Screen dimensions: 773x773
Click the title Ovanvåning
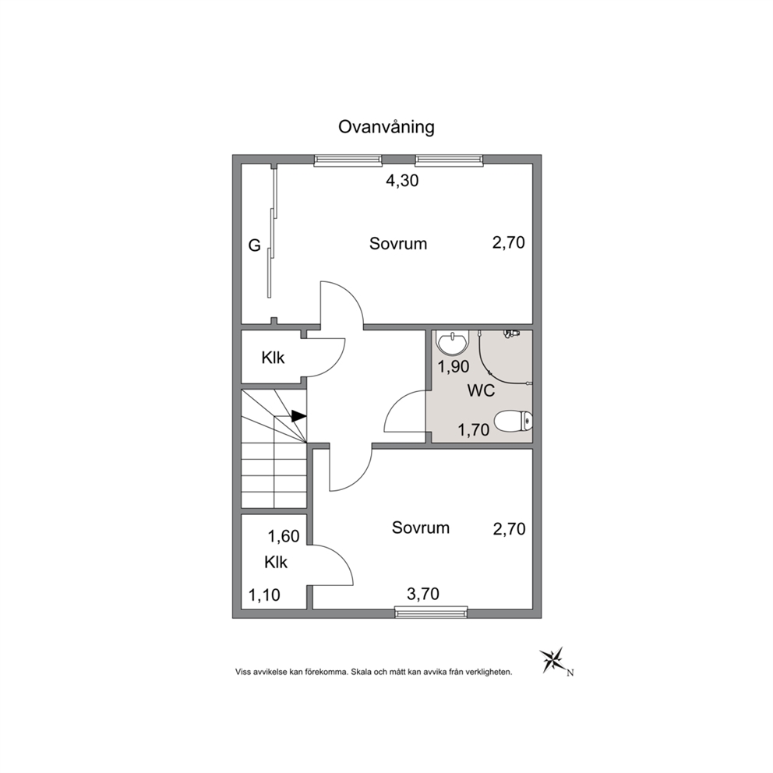(386, 127)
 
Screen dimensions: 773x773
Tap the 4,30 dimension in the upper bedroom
(402, 181)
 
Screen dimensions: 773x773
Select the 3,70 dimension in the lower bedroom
(423, 594)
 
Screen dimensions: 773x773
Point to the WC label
(481, 391)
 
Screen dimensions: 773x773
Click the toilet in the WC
(513, 422)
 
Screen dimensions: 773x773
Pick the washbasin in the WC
(452, 343)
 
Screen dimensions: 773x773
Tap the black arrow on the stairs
(298, 416)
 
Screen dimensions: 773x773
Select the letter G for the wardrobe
(254, 245)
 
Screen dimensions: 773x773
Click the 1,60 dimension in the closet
(284, 536)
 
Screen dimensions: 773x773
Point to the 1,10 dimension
(264, 595)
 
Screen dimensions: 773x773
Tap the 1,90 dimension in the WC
(454, 367)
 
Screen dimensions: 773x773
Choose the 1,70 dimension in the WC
(474, 430)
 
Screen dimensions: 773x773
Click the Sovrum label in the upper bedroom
(398, 244)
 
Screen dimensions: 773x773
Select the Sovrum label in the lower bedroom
(421, 528)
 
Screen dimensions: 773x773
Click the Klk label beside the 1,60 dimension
(276, 563)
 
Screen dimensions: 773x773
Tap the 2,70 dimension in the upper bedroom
(509, 242)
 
